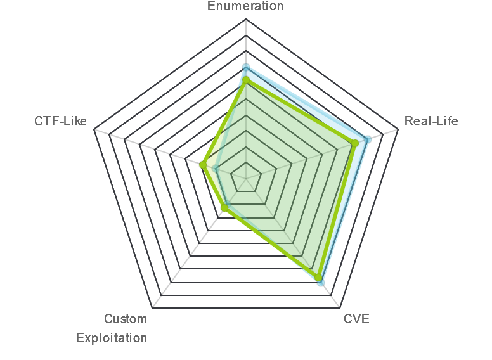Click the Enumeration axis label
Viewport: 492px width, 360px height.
point(245,6)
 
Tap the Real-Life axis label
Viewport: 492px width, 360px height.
point(431,121)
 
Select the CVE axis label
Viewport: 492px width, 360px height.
point(356,319)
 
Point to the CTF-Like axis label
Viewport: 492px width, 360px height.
point(61,121)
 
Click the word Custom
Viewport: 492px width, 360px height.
point(126,319)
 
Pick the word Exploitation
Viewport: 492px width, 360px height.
point(112,338)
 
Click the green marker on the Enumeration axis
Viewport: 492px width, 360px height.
point(246,80)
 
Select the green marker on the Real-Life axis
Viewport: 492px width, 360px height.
point(355,143)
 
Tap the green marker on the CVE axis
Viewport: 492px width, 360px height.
point(318,278)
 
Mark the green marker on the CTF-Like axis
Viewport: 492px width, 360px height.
point(203,165)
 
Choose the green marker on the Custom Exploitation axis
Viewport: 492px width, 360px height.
point(224,208)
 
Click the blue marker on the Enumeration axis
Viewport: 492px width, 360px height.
point(246,67)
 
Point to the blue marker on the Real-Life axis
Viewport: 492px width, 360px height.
point(368,139)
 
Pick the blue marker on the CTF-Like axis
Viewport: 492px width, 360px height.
point(216,169)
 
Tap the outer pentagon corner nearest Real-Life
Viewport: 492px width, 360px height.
point(398,129)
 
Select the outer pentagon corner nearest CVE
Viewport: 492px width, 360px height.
point(340,308)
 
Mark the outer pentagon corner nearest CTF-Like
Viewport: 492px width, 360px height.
point(94,129)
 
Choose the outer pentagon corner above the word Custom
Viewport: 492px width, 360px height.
point(152,308)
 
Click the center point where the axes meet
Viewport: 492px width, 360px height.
point(246,179)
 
